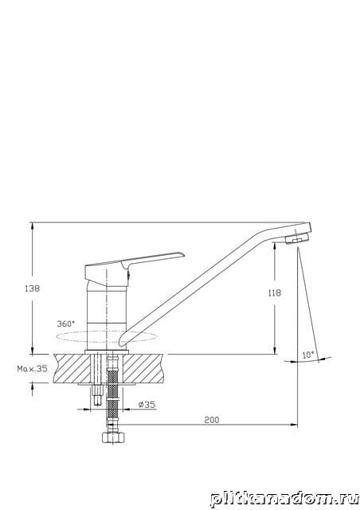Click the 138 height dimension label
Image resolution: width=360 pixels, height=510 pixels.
[x=32, y=288]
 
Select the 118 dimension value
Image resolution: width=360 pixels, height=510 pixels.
[x=275, y=293]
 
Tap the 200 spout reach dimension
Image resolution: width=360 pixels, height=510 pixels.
[x=212, y=420]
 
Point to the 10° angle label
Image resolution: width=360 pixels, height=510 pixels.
[x=308, y=355]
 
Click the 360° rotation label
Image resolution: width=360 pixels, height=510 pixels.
[x=65, y=324]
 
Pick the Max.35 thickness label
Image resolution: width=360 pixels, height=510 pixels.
[x=32, y=369]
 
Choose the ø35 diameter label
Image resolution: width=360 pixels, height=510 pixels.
[x=147, y=405]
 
